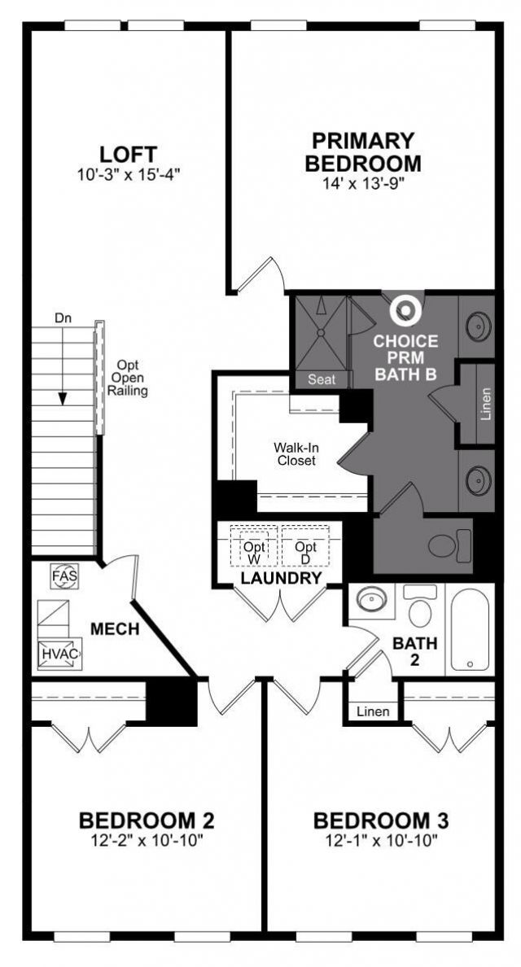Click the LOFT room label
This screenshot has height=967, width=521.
pos(128,154)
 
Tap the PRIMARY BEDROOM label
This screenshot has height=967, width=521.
pos(363,151)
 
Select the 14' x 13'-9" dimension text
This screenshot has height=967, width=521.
pos(363,184)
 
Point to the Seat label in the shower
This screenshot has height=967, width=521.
pos(321,378)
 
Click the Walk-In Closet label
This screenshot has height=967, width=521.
pos(294,454)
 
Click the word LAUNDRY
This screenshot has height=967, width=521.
pos(280,579)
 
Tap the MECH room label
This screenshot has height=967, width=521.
pos(114,629)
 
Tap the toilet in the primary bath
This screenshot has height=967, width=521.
pos(450,545)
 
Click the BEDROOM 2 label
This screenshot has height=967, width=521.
pos(147,819)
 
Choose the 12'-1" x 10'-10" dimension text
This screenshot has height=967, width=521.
pos(381,839)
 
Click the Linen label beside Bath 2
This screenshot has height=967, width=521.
pos(373,711)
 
